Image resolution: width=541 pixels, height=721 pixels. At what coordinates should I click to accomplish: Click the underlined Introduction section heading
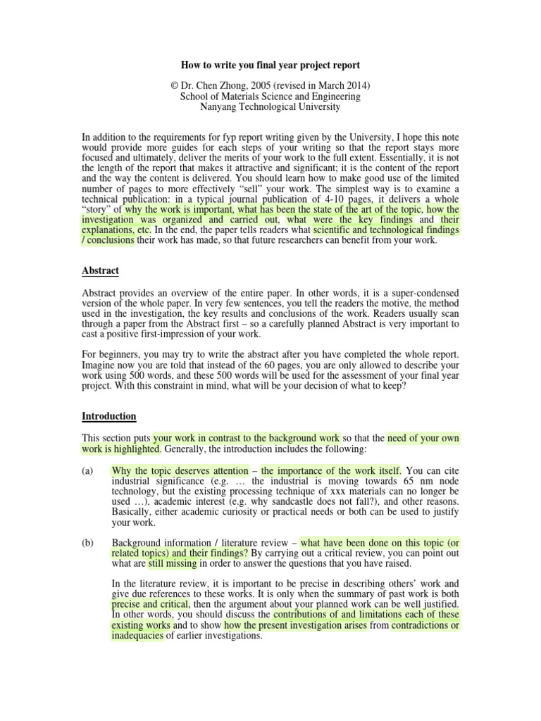(x=109, y=416)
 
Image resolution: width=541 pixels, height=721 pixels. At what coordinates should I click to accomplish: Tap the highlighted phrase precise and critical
(x=149, y=604)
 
